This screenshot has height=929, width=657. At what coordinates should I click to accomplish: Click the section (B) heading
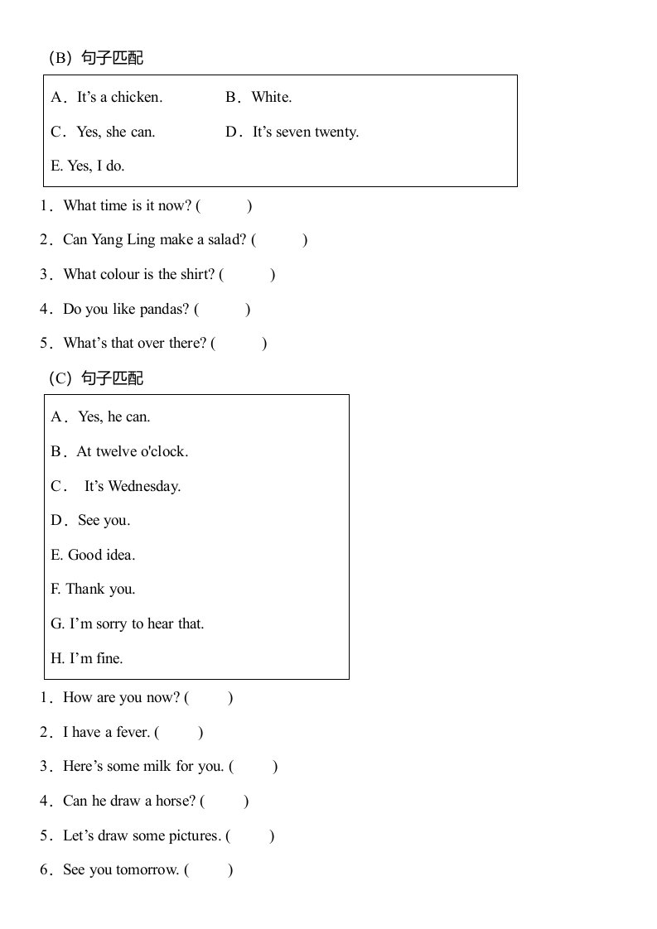(x=95, y=58)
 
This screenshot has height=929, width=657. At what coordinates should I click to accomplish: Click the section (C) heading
(x=95, y=378)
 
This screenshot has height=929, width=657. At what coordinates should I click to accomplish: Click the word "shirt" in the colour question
(x=197, y=275)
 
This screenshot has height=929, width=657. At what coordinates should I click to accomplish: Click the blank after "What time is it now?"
(x=225, y=206)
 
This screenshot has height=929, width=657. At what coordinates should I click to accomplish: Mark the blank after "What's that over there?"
(x=240, y=344)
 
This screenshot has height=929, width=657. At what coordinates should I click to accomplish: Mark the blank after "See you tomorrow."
(x=210, y=870)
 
